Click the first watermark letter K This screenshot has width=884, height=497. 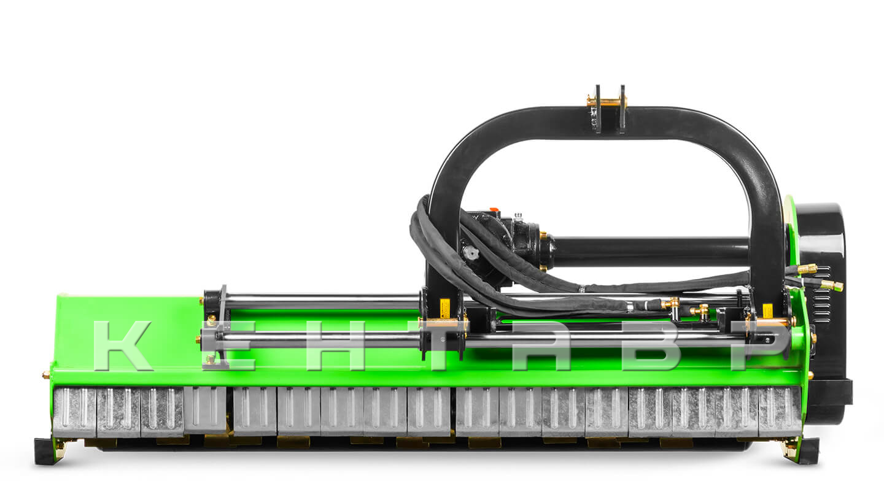[122, 345]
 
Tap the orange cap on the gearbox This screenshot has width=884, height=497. [494, 209]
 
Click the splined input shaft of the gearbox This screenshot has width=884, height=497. [471, 253]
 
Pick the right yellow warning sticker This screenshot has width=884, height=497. [767, 311]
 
